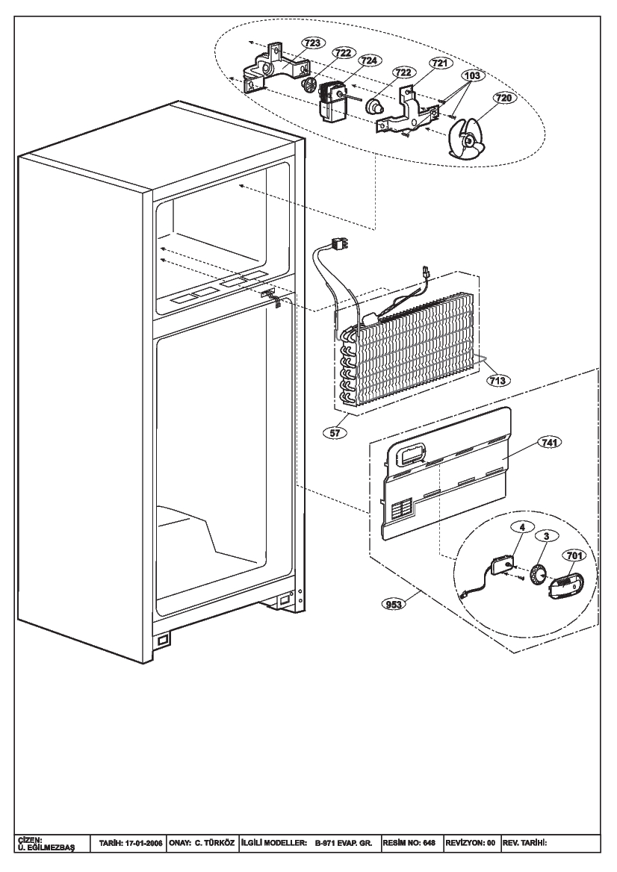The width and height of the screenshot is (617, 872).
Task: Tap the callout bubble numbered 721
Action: (438, 63)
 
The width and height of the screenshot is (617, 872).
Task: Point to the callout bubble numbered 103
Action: (472, 75)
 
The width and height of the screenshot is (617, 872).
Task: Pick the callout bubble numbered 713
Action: (497, 381)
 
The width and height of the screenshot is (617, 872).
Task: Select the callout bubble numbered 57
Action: (336, 432)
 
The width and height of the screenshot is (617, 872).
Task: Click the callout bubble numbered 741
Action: (549, 442)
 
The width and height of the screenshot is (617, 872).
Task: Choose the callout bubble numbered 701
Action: (574, 555)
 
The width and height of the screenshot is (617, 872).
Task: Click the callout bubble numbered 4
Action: (522, 528)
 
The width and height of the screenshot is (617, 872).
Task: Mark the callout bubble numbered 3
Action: (547, 536)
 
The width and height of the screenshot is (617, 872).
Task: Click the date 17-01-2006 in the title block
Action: (140, 843)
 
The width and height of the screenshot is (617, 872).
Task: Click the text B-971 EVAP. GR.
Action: (344, 843)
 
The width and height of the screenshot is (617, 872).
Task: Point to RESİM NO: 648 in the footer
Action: (409, 843)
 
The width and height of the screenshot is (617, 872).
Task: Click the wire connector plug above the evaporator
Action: (338, 244)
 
